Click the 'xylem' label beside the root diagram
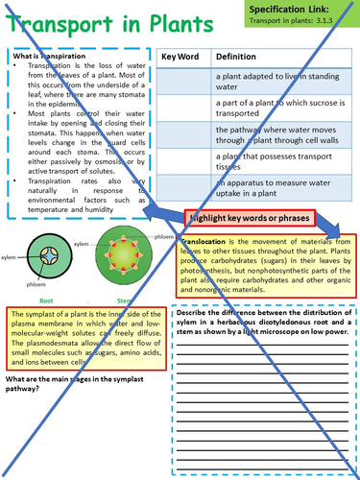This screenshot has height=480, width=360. point(10,257)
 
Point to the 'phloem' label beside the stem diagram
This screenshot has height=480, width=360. point(157,228)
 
